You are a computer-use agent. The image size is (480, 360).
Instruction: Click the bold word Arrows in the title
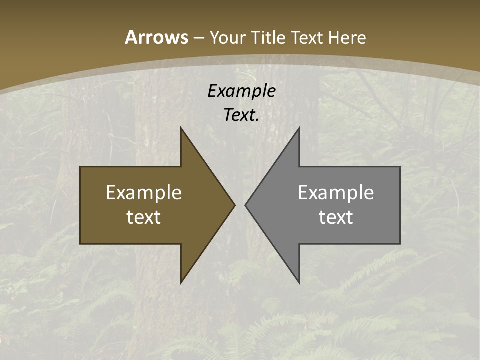(x=156, y=37)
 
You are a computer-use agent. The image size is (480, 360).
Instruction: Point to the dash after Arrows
(x=198, y=38)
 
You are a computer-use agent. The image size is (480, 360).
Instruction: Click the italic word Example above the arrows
(x=241, y=91)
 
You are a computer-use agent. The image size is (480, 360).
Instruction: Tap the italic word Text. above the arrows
(x=241, y=115)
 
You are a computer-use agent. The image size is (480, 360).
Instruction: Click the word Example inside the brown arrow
(x=144, y=192)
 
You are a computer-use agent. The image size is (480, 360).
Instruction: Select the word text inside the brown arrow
(x=144, y=217)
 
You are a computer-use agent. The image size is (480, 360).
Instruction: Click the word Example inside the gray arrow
(x=336, y=192)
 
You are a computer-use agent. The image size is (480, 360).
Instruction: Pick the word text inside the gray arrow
(x=336, y=217)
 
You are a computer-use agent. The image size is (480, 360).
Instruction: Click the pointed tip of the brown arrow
(x=235, y=205)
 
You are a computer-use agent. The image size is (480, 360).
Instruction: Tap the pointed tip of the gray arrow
(x=245, y=205)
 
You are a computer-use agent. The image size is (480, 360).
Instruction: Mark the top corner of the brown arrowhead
(x=181, y=127)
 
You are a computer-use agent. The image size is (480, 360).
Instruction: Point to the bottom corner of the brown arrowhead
(x=181, y=283)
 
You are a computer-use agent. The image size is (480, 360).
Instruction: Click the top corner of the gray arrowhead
(x=299, y=127)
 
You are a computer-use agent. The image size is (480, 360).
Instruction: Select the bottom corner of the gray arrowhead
(x=299, y=283)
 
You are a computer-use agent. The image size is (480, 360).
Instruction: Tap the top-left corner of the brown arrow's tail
(x=80, y=167)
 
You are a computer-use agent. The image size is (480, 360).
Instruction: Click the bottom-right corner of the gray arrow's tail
(x=400, y=244)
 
